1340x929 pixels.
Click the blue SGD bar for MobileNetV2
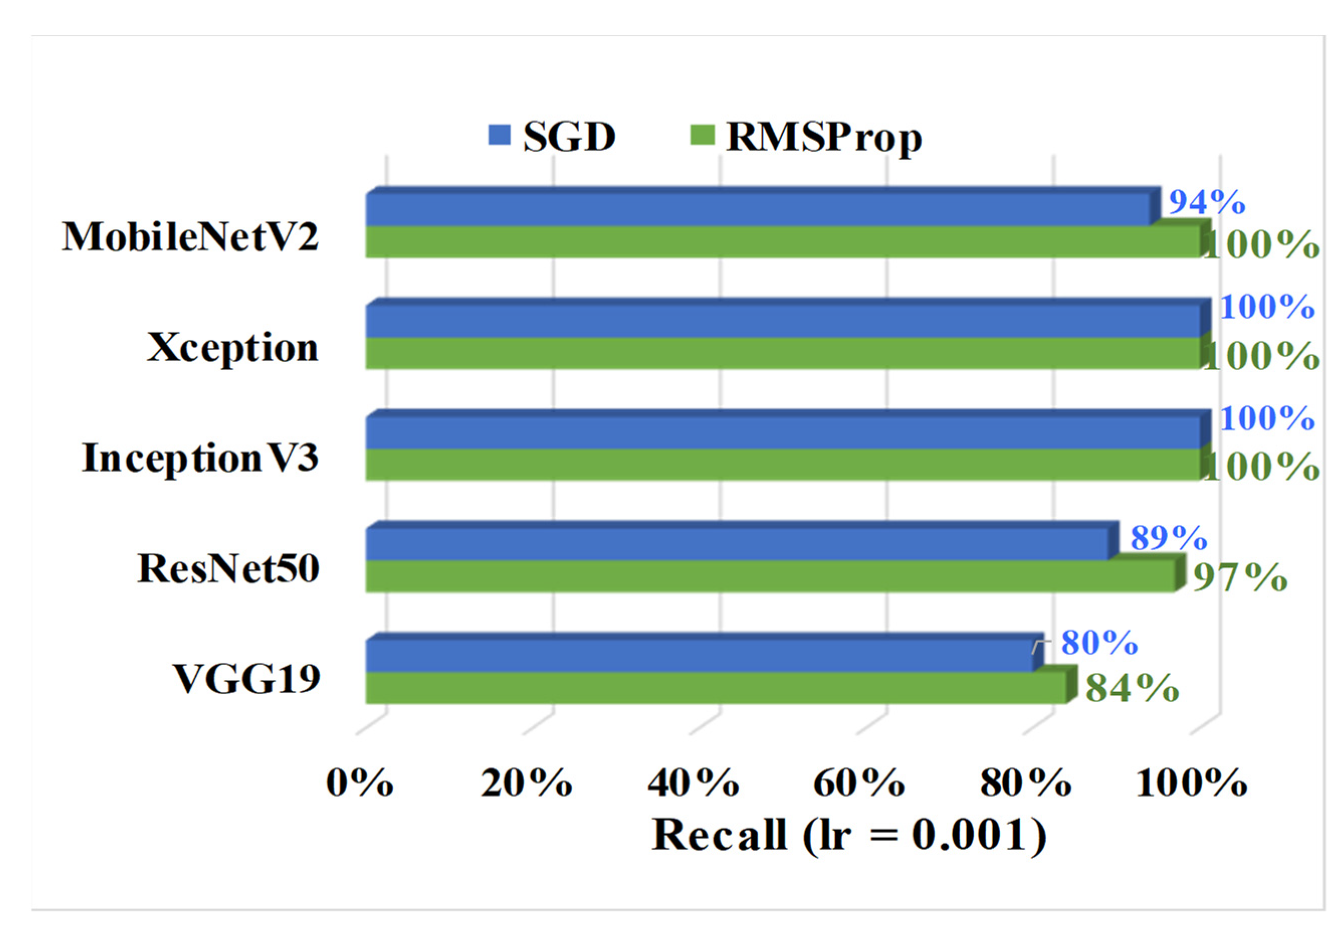(757, 209)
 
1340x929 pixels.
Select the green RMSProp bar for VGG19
(716, 687)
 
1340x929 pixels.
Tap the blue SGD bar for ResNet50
(736, 544)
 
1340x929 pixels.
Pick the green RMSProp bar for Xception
(783, 353)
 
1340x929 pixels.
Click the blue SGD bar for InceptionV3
(783, 433)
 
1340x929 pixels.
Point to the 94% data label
(1207, 202)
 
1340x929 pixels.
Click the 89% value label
(1168, 537)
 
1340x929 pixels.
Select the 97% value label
(1240, 577)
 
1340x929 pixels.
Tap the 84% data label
(1132, 688)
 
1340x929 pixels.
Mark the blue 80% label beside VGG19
(1099, 643)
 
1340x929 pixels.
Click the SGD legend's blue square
(499, 135)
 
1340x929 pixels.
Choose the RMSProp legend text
(823, 138)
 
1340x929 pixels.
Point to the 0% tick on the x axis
(359, 783)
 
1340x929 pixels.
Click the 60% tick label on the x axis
(859, 783)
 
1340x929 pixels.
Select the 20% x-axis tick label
(526, 783)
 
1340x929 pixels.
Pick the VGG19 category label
(246, 679)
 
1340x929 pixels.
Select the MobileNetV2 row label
(190, 237)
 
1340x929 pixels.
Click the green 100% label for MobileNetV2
(1261, 245)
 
